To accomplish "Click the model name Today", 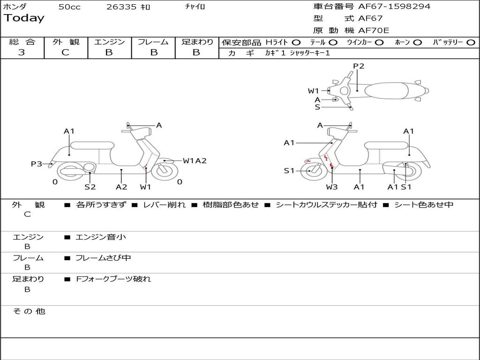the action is [x=24, y=18].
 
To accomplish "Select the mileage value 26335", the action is [x=121, y=7].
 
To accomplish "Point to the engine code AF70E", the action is [x=374, y=30].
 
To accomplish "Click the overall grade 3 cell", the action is [x=22, y=52].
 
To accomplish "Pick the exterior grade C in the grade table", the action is [x=65, y=52].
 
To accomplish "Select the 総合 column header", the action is [x=22, y=42].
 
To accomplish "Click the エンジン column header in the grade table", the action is [x=109, y=42].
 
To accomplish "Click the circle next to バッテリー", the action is [x=471, y=43].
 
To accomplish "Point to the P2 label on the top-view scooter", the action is [x=359, y=66].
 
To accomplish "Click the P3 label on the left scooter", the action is [x=37, y=164].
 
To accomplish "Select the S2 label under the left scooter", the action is [x=90, y=187].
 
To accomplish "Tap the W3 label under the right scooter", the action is [x=332, y=187].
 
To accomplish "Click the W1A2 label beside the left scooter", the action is [x=195, y=161].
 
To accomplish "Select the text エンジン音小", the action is [x=101, y=237].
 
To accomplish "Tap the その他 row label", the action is [x=29, y=311].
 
